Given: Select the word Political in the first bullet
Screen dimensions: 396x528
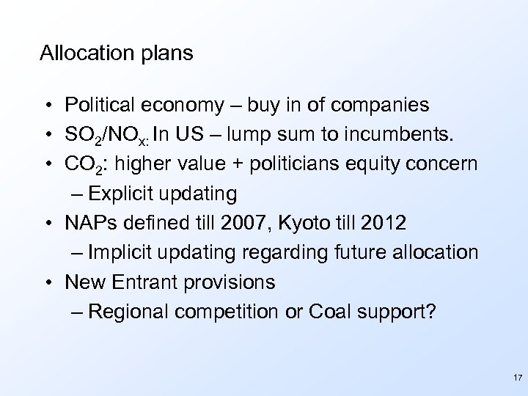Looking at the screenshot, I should (x=100, y=106).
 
